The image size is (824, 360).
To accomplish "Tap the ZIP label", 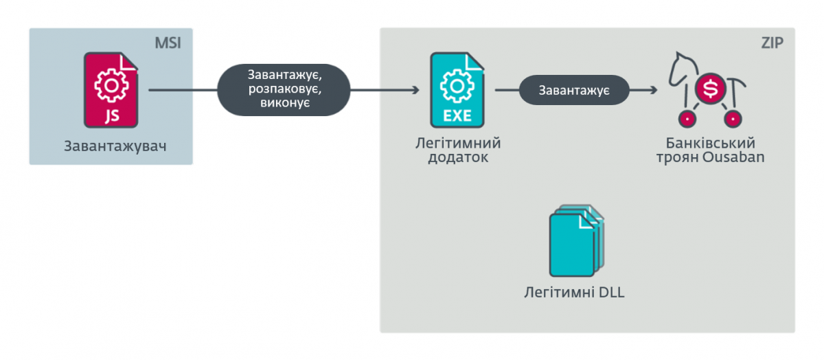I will tap(773, 43).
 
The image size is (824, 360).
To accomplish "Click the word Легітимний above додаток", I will tap(458, 143).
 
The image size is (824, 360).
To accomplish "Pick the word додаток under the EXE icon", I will tap(458, 157).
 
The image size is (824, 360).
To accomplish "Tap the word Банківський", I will tap(710, 143).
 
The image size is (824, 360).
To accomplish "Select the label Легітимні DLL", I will tap(574, 293).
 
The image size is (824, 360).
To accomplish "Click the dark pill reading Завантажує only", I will tap(573, 90).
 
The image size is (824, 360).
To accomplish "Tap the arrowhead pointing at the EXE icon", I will tap(415, 90).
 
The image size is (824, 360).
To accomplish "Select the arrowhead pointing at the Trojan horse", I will tap(652, 90).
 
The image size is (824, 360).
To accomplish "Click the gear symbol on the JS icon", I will tap(111, 82).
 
